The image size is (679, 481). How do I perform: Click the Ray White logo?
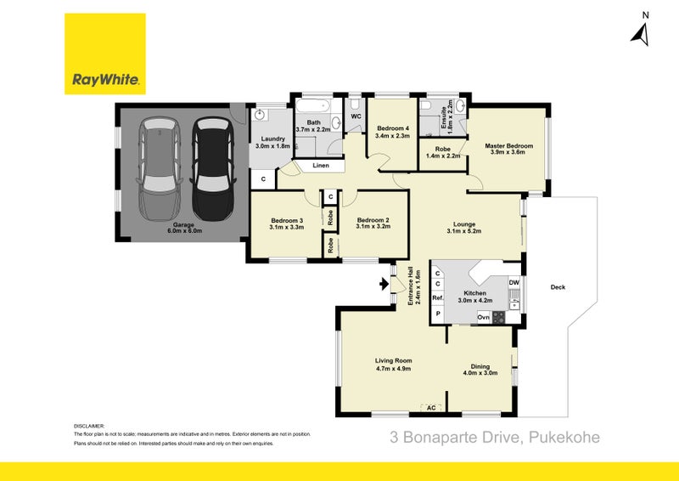106,55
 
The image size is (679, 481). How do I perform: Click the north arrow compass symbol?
641,31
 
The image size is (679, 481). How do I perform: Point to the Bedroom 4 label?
392,131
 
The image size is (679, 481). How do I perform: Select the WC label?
356,116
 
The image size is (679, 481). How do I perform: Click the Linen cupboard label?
321,166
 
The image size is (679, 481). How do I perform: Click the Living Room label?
392,364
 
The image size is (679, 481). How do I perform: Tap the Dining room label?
476,370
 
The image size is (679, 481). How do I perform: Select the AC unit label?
431,407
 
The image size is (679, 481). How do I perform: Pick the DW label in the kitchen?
513,282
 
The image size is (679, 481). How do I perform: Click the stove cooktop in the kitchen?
498,318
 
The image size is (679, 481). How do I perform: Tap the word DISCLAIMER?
89,426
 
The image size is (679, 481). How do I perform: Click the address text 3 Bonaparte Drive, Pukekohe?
494,438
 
